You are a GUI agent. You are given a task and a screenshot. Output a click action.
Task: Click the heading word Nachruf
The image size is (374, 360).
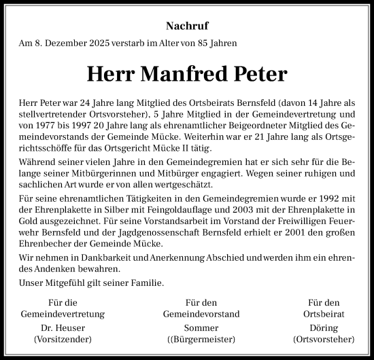tap(187, 27)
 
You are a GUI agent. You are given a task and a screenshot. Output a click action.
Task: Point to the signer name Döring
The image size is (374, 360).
tap(323, 327)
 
